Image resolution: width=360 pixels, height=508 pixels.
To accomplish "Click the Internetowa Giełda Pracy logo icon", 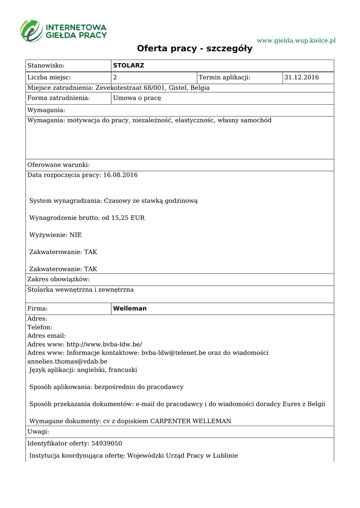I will coord(31,31).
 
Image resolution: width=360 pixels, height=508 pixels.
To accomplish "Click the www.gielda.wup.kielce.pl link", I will coord(296,40).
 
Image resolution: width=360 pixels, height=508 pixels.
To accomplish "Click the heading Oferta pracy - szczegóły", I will coord(195,49).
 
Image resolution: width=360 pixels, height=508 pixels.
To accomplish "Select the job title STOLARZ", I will coord(129,65).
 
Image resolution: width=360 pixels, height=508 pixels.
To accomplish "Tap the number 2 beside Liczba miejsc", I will coord(115,77).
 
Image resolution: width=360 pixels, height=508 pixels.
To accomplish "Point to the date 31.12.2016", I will coord(301,77).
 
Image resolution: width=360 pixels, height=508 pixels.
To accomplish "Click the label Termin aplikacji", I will coord(224,77).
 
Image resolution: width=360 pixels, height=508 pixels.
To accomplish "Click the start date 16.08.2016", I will coord(120,175).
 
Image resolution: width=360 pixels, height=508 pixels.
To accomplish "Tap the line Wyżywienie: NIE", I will coord(55,235).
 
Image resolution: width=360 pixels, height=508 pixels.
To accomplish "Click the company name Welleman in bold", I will coord(130,309).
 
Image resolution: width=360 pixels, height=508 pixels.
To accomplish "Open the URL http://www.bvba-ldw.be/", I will coord(104,344).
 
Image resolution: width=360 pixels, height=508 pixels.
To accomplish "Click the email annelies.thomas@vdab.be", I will coord(67,361).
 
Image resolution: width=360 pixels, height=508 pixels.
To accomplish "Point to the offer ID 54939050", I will coord(105,444).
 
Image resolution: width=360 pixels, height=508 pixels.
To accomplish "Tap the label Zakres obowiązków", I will coord(58,280).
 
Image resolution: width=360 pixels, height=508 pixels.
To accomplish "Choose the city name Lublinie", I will coord(224,455).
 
